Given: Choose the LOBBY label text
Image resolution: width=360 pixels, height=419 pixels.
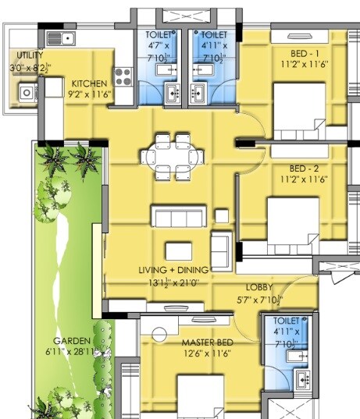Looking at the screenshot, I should tap(258, 287).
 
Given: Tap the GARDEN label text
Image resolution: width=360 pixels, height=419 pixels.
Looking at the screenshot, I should tap(70, 342).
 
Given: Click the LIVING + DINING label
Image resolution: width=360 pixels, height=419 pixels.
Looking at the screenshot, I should tap(174, 270).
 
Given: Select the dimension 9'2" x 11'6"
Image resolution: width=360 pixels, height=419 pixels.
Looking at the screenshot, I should tap(90, 95).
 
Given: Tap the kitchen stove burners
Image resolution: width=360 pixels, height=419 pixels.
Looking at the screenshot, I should tap(123, 76).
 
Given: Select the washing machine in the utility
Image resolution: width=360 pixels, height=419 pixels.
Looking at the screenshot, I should tap(27, 92).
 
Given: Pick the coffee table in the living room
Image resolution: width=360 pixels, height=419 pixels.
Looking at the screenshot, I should tap(179, 250).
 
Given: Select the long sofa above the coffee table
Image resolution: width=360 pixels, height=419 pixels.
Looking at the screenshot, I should tap(180, 216).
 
